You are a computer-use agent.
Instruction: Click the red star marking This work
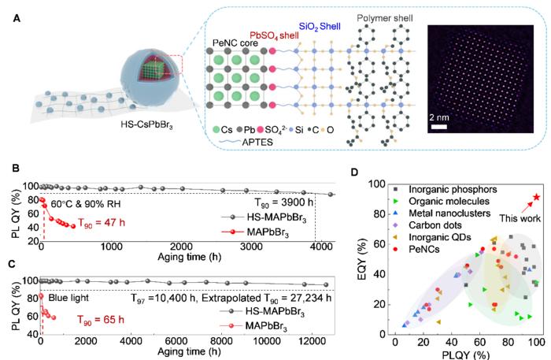click(x=537, y=197)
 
